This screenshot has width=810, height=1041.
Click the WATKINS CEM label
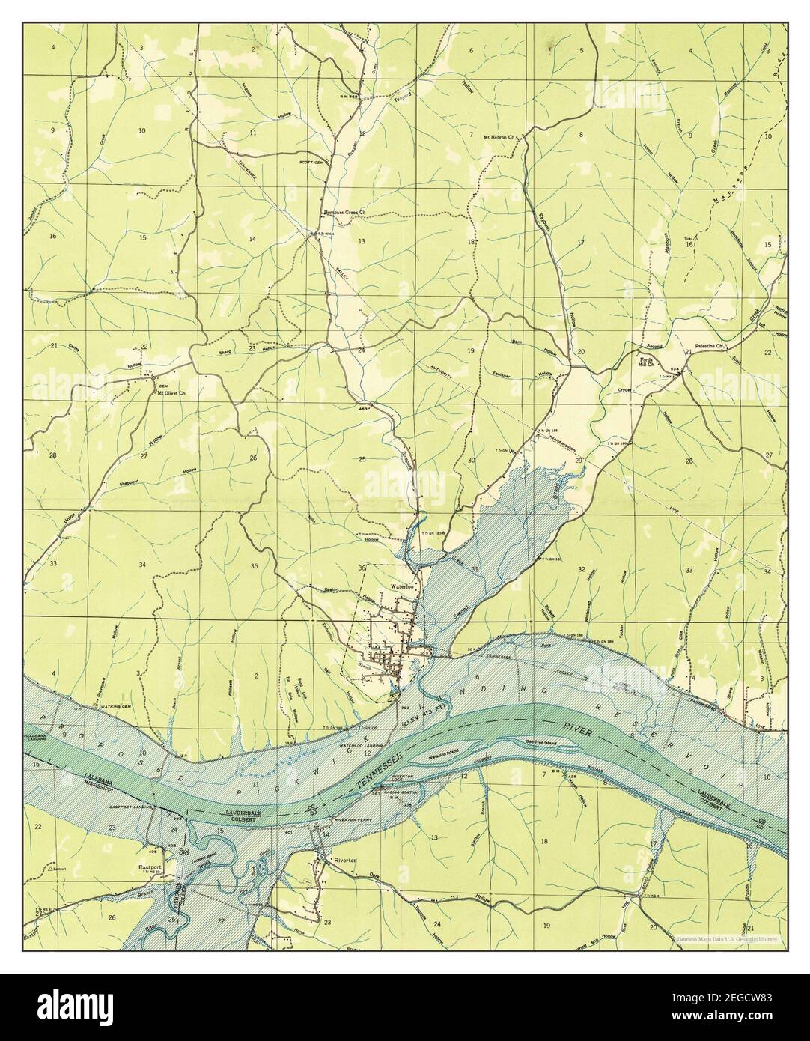(x=115, y=705)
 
